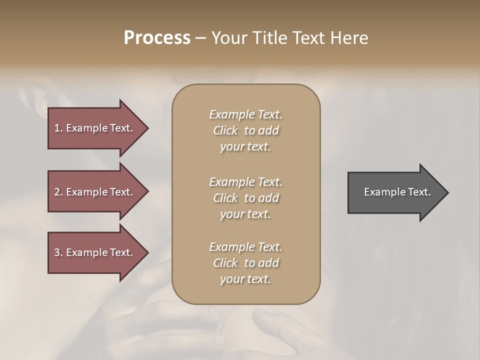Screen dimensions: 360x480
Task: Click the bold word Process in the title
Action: (157, 38)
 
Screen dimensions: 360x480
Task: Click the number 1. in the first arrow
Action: (58, 128)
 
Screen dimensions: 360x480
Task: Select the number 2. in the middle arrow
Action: (58, 192)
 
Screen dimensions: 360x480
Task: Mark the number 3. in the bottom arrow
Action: (58, 252)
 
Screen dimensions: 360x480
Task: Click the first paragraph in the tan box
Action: (245, 130)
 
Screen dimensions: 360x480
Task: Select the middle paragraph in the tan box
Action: (245, 198)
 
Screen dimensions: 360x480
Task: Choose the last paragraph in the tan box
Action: (245, 263)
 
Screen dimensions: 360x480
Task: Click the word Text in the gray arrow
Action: (419, 192)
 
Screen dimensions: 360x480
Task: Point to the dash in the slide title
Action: (200, 38)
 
